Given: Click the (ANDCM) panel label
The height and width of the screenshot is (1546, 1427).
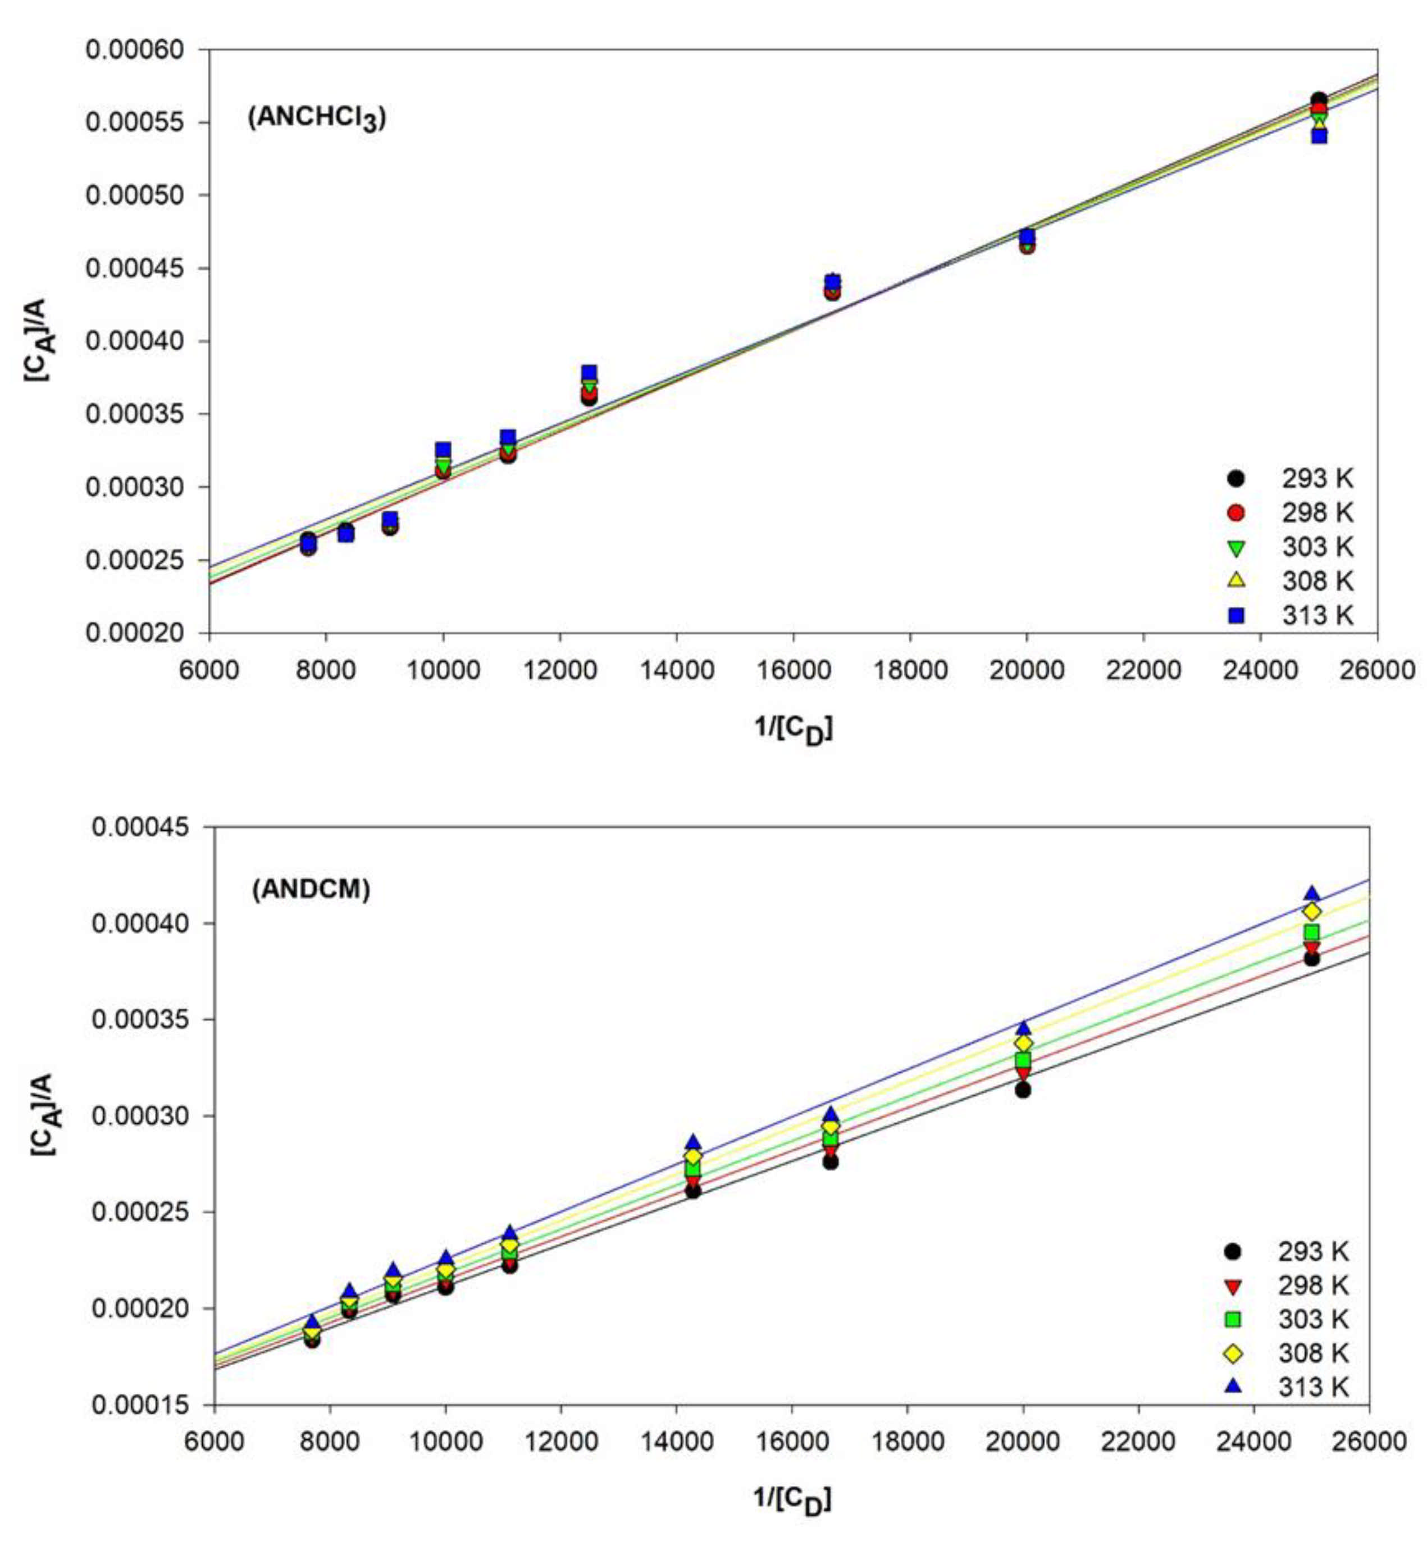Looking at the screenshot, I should tap(311, 889).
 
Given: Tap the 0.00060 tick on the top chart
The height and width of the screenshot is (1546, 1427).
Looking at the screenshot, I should tap(135, 50).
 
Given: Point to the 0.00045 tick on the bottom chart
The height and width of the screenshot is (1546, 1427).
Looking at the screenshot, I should tap(140, 827).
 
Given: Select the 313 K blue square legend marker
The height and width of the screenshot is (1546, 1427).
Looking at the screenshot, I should tap(1236, 615).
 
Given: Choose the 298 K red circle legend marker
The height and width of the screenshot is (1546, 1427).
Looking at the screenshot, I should tap(1236, 513).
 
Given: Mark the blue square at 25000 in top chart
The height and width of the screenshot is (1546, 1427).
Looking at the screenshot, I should tap(1319, 136).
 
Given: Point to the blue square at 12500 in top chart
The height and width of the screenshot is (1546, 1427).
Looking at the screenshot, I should tap(589, 373).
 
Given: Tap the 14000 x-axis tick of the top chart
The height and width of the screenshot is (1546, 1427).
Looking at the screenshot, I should tap(676, 669).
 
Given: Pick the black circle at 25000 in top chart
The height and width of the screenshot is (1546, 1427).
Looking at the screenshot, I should tap(1319, 99).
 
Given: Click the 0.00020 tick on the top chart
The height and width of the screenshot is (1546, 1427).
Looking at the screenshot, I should tap(135, 633).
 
